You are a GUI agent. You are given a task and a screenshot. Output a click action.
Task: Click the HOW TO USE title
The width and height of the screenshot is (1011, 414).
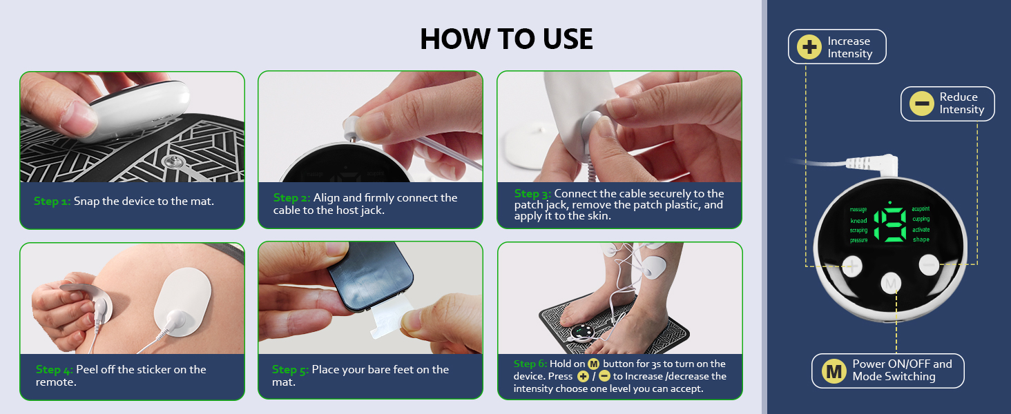506,39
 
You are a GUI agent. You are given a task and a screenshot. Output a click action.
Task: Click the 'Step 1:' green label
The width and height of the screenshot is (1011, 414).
52,201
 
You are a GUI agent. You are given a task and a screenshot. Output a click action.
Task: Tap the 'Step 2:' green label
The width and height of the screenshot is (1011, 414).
291,198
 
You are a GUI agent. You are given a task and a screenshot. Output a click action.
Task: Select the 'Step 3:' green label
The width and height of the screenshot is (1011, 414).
532,194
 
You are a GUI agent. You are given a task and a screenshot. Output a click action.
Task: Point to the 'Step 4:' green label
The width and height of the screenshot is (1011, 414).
55,370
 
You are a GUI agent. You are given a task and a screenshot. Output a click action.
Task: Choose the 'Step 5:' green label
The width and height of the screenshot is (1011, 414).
290,370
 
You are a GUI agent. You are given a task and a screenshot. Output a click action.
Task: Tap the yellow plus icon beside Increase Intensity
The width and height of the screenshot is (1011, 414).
809,47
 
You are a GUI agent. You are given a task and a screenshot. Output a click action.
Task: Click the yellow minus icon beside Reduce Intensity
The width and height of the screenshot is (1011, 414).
921,103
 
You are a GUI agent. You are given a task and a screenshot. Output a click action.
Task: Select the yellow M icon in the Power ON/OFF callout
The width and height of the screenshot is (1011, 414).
834,371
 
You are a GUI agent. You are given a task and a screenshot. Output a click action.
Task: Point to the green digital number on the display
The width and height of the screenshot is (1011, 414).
889,224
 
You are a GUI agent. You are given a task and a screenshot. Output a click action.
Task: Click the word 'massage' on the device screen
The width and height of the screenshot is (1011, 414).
858,208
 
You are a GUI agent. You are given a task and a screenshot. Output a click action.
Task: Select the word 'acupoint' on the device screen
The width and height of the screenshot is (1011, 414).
921,208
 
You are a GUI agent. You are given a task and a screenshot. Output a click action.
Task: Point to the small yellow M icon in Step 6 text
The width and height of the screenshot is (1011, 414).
593,364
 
